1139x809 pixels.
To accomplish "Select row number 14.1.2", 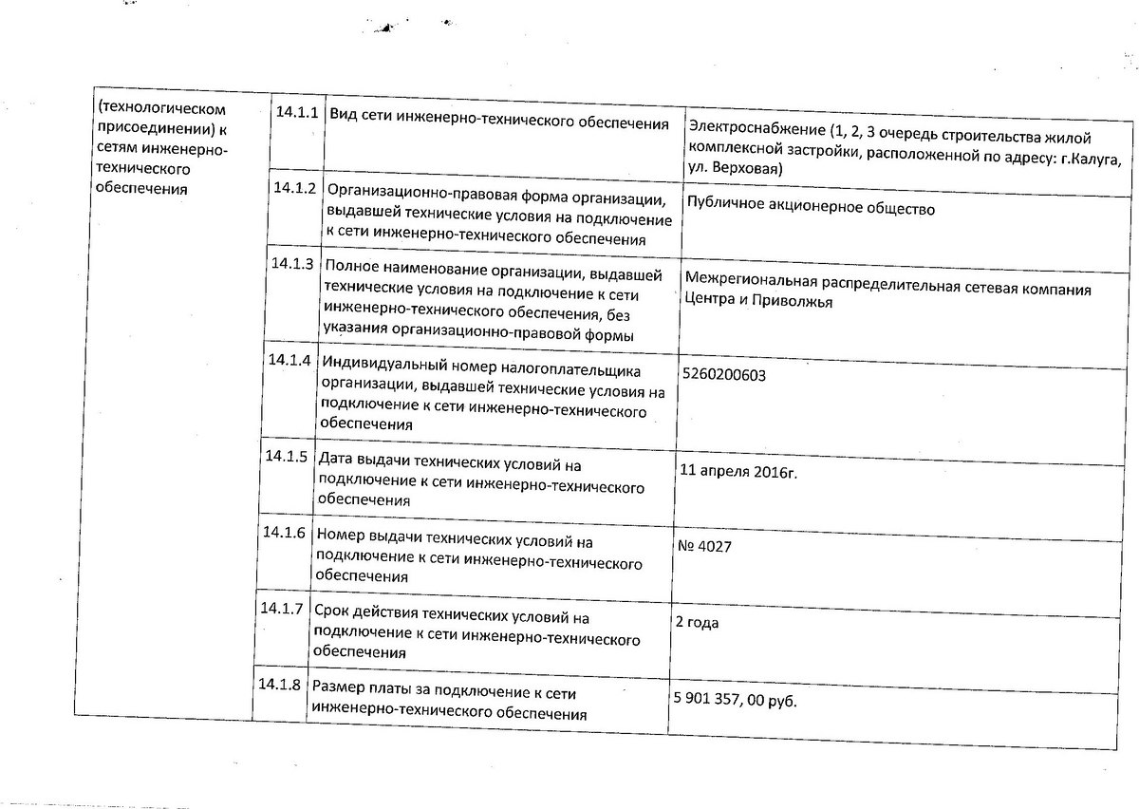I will [x=293, y=187].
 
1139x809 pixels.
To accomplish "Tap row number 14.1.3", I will [x=290, y=264].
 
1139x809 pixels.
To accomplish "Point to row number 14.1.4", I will [x=289, y=361].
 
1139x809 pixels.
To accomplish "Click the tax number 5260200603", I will [x=723, y=375].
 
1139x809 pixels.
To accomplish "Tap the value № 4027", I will [x=703, y=547].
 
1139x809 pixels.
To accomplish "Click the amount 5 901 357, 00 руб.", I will [x=734, y=701].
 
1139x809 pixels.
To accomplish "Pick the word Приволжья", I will [x=794, y=303].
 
